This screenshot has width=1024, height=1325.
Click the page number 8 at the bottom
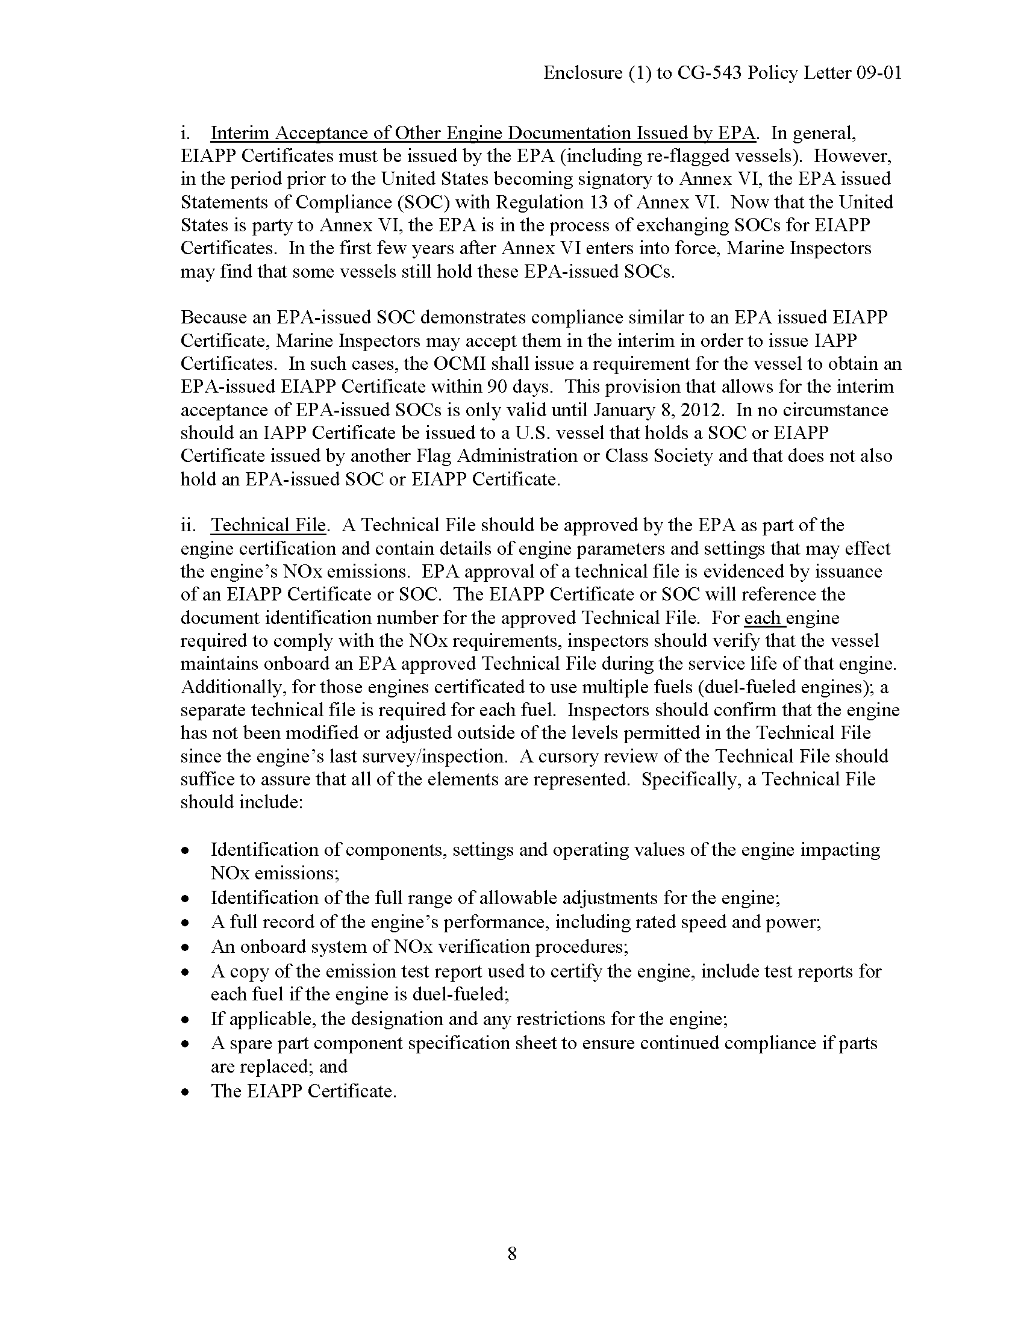pyautogui.click(x=511, y=1253)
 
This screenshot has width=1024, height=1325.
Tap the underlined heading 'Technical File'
pyautogui.click(x=268, y=525)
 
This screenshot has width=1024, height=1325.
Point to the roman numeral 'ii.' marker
pyautogui.click(x=188, y=525)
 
